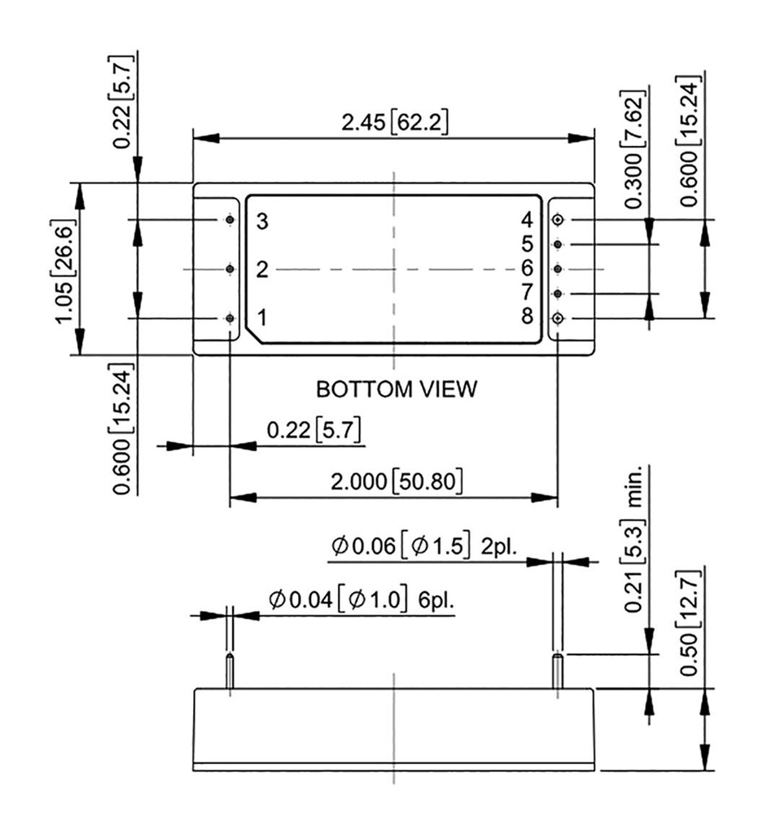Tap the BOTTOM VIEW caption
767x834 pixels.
396,389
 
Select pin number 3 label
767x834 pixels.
261,221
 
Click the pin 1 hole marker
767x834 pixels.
230,318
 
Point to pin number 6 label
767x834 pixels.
527,268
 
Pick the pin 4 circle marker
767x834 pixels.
559,220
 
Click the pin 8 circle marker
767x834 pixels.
559,318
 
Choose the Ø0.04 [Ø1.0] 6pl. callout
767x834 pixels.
361,601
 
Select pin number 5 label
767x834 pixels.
527,244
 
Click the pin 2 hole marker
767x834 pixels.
230,269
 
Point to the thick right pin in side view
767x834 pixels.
558,672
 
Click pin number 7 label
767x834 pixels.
527,292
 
